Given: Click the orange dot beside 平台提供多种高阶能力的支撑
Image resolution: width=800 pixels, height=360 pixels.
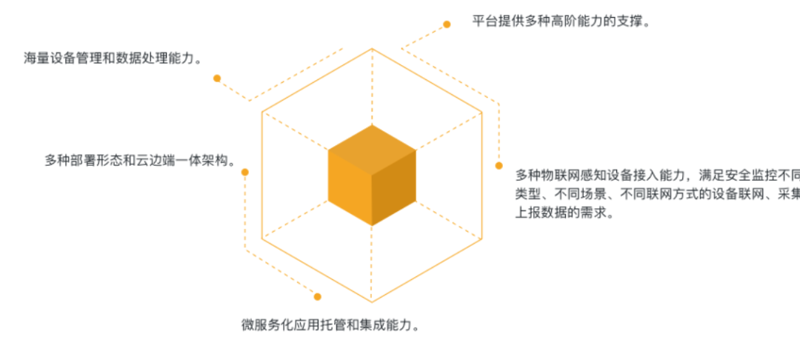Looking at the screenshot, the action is pos(447,24).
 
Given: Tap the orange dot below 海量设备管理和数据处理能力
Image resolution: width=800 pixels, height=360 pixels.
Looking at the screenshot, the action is pos(217,78).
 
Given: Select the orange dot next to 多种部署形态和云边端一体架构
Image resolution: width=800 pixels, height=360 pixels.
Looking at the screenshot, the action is pos(245,172).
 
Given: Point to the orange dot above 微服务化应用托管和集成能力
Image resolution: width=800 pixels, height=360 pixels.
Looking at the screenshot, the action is pos(317,296).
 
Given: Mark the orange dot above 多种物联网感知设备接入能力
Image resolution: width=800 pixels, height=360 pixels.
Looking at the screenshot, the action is pos(499,165).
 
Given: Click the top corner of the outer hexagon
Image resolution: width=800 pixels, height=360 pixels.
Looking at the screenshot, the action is pos(372,48).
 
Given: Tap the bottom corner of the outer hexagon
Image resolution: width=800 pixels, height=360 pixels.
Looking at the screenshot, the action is pos(372,303).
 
